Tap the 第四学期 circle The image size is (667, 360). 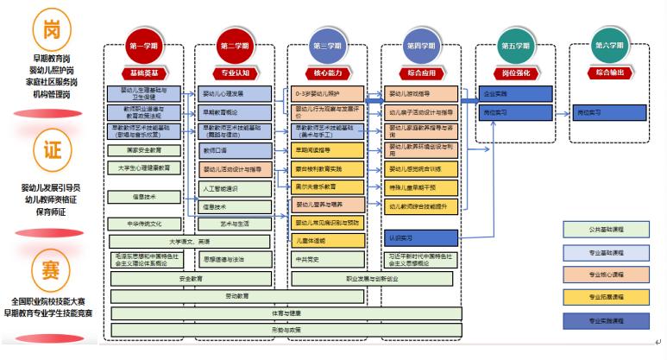[419, 46]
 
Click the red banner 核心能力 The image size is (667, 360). [328, 73]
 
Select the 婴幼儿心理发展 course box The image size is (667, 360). [234, 93]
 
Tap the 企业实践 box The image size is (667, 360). [513, 92]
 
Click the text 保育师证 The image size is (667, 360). [50, 211]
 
